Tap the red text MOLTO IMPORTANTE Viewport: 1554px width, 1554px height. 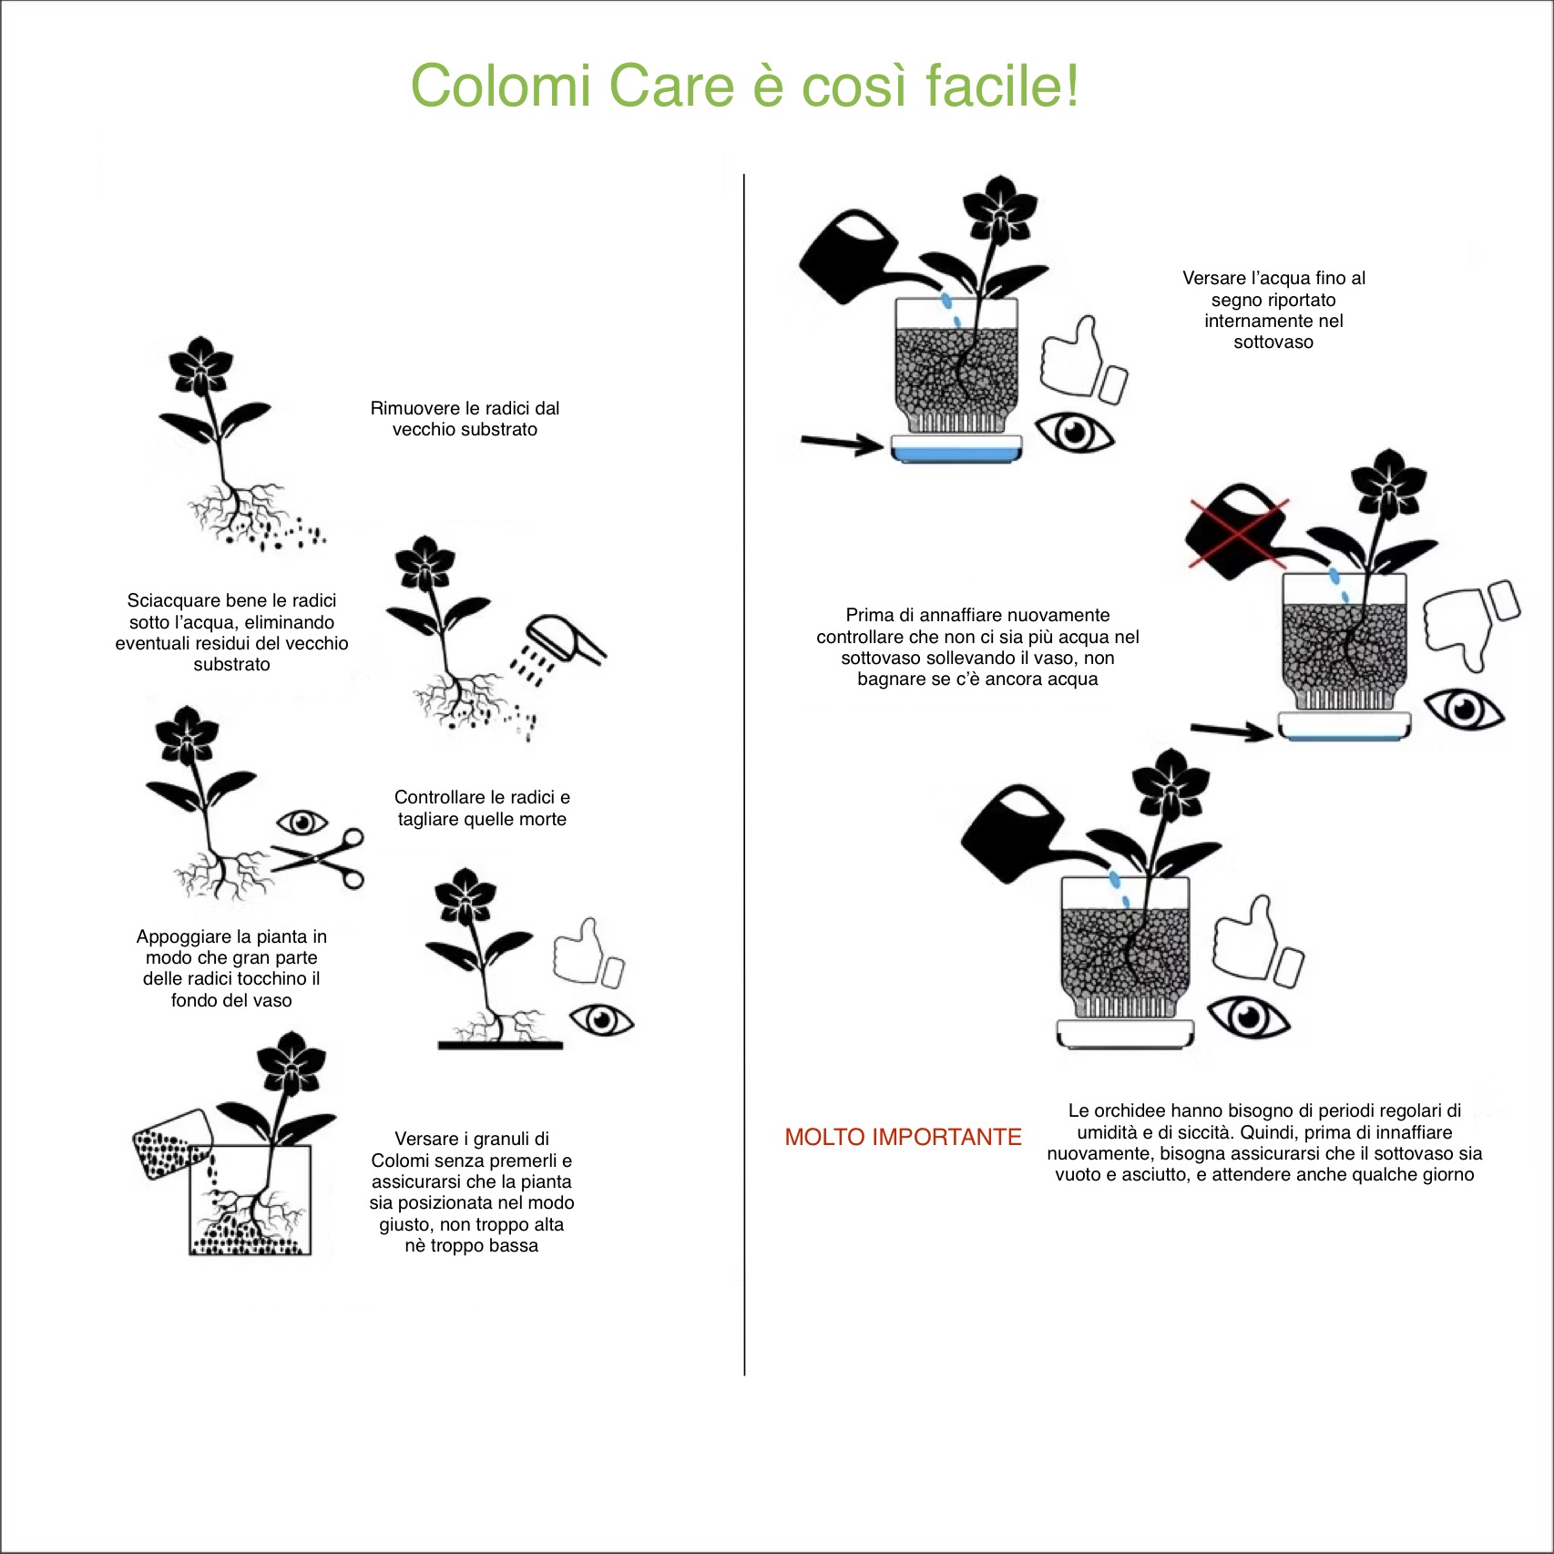click(903, 1137)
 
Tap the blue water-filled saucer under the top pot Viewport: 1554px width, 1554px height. click(956, 449)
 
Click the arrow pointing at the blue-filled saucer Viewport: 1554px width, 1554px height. click(842, 444)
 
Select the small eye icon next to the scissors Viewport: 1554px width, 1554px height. click(302, 823)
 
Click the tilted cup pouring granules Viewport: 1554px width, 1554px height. click(173, 1144)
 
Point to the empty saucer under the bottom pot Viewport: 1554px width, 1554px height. click(1125, 1033)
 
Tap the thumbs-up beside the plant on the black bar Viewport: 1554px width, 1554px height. click(588, 953)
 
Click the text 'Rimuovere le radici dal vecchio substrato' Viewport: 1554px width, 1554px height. click(465, 419)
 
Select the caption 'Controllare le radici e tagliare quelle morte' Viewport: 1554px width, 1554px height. click(482, 808)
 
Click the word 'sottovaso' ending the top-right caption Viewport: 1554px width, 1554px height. click(1273, 342)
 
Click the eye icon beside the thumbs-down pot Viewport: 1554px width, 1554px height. click(1464, 709)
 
